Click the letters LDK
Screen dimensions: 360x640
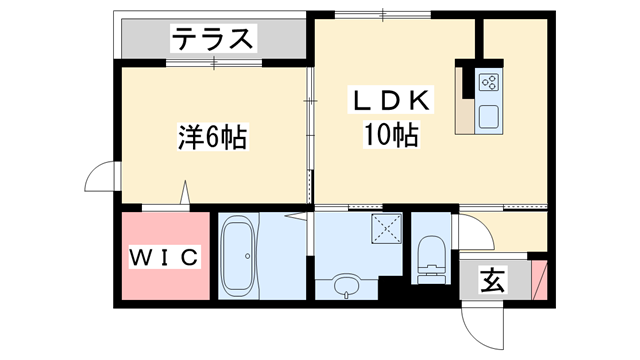[x=390, y=100]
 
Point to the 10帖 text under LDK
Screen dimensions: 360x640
[x=390, y=135]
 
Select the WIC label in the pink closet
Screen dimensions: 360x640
[x=166, y=257]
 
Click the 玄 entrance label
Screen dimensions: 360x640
[x=493, y=280]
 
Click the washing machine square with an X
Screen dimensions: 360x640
[x=381, y=229]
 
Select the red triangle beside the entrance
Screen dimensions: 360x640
[x=540, y=279]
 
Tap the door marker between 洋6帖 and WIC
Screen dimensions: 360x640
[x=186, y=192]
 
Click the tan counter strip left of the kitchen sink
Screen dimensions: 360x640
[x=466, y=99]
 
